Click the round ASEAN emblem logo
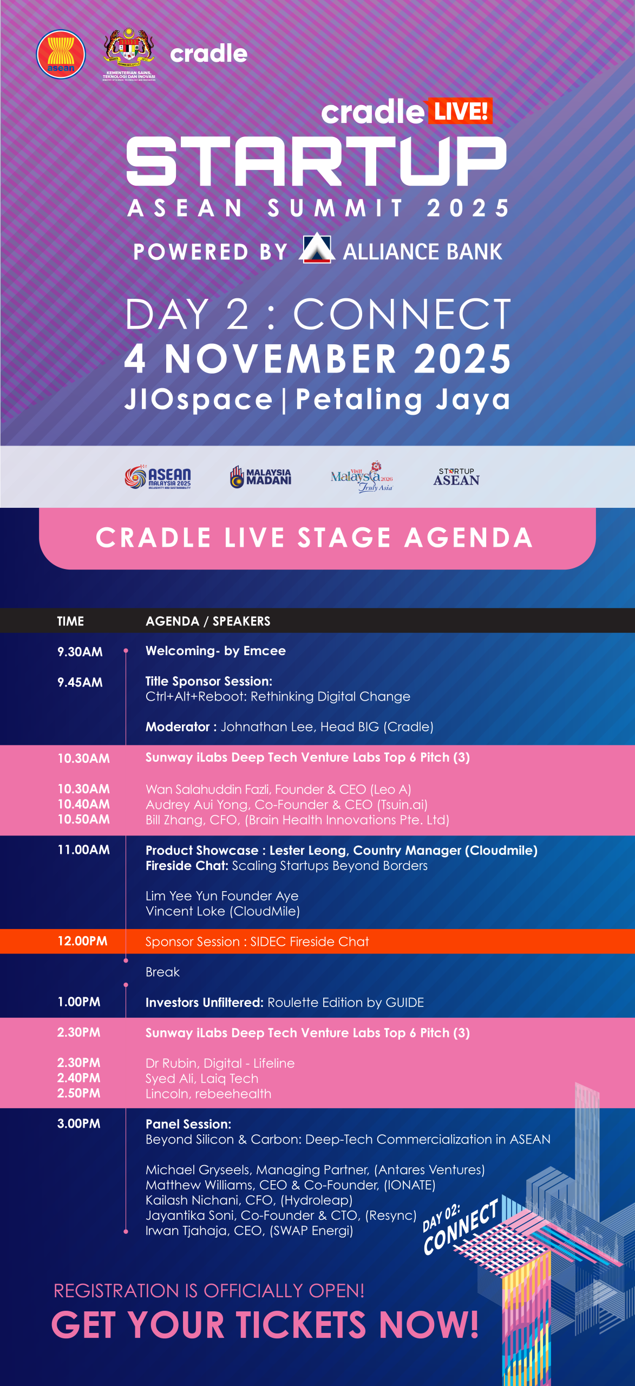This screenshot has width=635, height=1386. click(x=61, y=54)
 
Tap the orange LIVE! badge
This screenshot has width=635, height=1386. click(x=460, y=111)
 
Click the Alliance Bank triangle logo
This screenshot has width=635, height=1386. click(x=317, y=248)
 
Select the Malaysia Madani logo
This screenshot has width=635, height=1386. click(x=261, y=477)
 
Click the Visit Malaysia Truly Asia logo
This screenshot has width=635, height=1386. click(x=362, y=476)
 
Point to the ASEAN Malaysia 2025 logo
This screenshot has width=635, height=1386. click(x=158, y=477)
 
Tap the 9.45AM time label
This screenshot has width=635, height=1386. click(x=80, y=682)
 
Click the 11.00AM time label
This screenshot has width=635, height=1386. click(x=84, y=850)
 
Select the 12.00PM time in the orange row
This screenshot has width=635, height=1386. click(x=82, y=941)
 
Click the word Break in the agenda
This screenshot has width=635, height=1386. click(x=162, y=972)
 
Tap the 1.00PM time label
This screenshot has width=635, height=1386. click(x=79, y=1002)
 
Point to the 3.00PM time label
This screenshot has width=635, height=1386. click(x=79, y=1123)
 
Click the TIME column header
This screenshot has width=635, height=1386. click(x=70, y=621)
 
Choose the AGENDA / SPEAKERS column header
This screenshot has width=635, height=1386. click(x=208, y=621)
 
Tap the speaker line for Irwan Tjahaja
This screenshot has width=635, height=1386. click(x=249, y=1231)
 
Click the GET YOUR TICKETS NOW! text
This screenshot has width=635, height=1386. click(x=265, y=1325)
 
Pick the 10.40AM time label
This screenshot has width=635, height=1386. click(x=84, y=805)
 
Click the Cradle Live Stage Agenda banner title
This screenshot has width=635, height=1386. click(x=315, y=538)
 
